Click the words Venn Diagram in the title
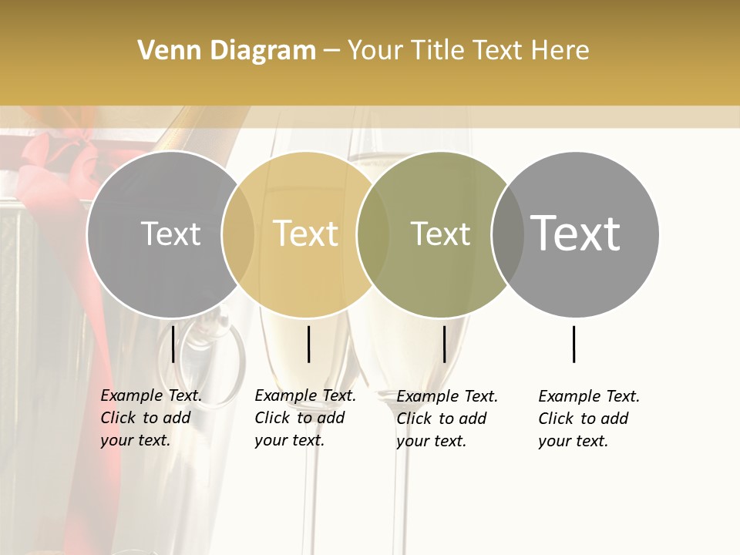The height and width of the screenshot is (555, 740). click(227, 51)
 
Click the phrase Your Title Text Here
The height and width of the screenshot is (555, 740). click(469, 51)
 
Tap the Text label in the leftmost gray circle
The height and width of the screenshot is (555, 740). click(170, 234)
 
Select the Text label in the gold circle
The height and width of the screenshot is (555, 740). click(306, 234)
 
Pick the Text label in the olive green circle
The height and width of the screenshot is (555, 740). click(440, 234)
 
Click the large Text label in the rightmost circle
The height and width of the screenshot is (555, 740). click(576, 234)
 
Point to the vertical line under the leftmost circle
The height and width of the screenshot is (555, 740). click(173, 344)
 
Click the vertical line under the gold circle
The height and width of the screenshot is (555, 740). click(308, 344)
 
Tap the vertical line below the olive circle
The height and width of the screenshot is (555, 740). click(444, 344)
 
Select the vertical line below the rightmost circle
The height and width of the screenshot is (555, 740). click(574, 344)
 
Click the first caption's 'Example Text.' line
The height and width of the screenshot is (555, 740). click(151, 395)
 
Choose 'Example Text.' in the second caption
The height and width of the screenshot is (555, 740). click(305, 395)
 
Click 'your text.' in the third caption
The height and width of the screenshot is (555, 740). click(431, 441)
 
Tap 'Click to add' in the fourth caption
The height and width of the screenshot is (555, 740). click(584, 419)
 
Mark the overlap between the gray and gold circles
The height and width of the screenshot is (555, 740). click(238, 234)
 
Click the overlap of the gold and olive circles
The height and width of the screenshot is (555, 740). click(373, 234)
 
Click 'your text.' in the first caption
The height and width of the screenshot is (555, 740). click(135, 441)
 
